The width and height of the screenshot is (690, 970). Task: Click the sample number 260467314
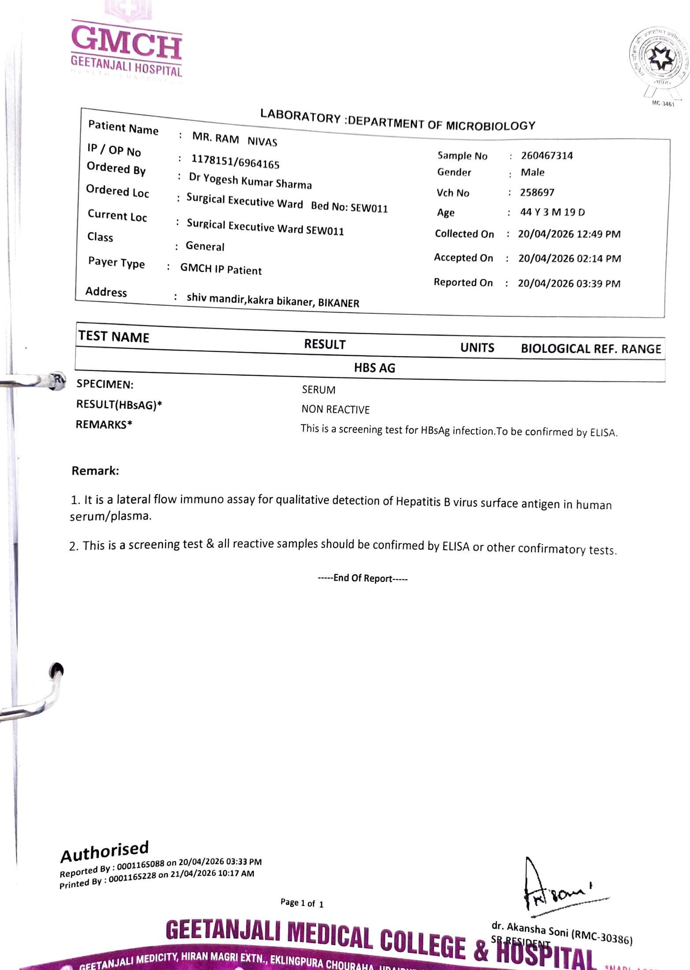click(546, 155)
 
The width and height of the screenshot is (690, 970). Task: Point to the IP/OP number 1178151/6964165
click(235, 162)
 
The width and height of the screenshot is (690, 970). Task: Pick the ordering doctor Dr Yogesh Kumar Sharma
click(250, 181)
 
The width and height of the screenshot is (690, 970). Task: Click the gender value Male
click(532, 172)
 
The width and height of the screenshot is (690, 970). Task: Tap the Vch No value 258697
click(537, 192)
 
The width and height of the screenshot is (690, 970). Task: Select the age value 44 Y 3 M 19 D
click(552, 212)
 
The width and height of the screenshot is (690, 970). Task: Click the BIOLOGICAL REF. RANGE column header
click(590, 349)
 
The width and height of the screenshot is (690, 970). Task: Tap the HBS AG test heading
click(374, 368)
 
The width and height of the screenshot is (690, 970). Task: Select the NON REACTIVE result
click(335, 410)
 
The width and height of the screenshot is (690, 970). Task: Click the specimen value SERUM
click(319, 390)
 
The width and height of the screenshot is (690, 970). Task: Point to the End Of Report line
click(363, 578)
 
